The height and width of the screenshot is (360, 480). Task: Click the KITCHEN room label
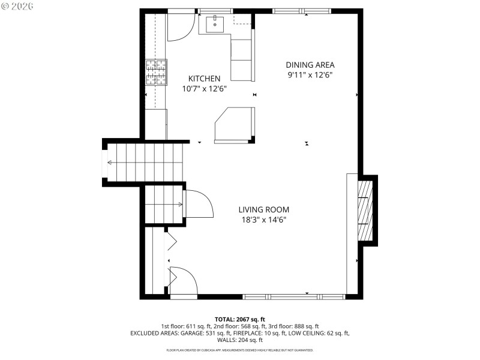(204, 79)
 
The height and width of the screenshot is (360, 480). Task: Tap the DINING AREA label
(310, 65)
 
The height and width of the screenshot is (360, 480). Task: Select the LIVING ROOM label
(263, 209)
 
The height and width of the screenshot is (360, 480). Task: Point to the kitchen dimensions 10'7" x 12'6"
(204, 89)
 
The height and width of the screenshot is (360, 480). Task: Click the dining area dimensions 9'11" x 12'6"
(310, 75)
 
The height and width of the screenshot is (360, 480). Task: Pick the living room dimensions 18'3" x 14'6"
(263, 220)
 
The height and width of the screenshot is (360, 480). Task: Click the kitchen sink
(215, 25)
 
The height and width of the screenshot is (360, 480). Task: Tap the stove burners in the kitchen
(155, 73)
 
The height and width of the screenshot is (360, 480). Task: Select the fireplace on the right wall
(364, 210)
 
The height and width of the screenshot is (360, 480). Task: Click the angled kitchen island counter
(235, 125)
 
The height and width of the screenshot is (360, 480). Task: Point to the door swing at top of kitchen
(178, 27)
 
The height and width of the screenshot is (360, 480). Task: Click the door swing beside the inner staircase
(198, 205)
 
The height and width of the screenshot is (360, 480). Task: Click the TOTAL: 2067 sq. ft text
(239, 319)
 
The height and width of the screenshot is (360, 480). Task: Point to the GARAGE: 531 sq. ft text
(226, 332)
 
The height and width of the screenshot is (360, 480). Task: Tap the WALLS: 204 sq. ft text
(239, 340)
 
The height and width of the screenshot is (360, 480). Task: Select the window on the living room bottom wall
(293, 296)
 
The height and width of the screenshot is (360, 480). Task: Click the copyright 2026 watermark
(18, 5)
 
